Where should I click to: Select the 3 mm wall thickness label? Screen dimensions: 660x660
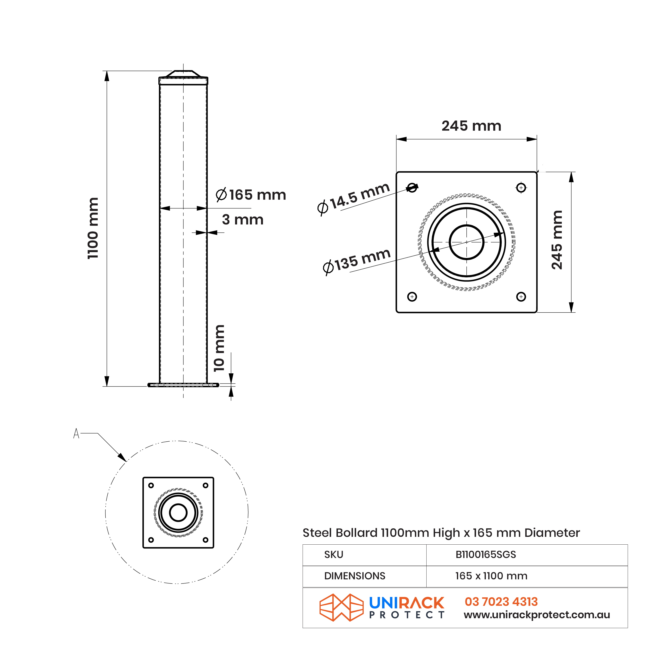pos(242,220)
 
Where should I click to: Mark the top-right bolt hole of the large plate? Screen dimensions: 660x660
pos(521,188)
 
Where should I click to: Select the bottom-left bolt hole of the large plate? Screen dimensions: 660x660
pos(412,297)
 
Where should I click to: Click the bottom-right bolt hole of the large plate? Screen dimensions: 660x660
pos(521,297)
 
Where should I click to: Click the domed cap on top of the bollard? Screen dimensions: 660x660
pos(183,74)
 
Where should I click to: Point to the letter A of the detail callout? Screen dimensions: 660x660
pos(76,434)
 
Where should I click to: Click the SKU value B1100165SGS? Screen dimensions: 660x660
pos(485,554)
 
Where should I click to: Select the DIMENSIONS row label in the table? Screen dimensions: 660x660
pos(355,576)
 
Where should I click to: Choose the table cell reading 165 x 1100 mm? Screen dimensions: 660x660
pos(491,576)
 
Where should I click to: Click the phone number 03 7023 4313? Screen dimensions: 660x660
pos(501,602)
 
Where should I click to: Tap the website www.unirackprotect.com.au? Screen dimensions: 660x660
pos(536,615)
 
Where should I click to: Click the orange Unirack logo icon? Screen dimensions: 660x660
pos(341,607)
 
